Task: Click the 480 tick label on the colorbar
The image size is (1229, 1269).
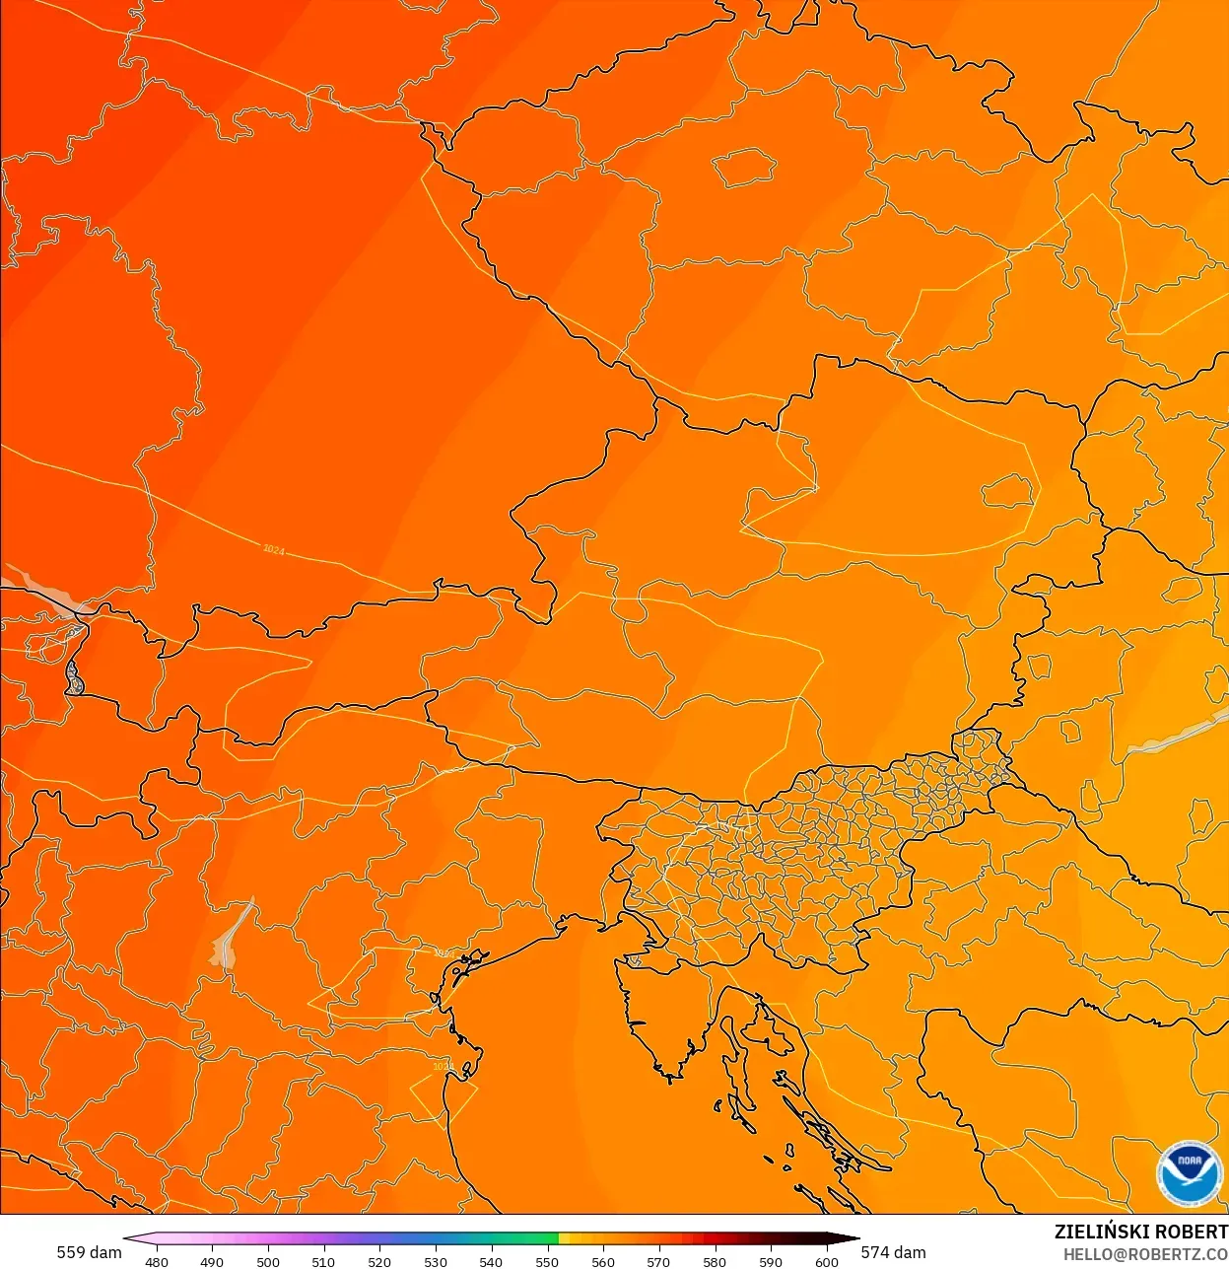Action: click(x=156, y=1261)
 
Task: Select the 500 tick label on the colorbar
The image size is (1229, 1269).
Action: click(x=268, y=1261)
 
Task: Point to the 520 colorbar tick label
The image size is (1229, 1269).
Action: click(x=379, y=1261)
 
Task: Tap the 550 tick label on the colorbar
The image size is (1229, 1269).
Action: click(x=547, y=1261)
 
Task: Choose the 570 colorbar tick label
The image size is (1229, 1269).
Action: click(x=658, y=1261)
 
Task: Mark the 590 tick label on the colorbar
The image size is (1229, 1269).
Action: click(x=771, y=1261)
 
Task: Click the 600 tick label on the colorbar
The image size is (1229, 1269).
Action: click(x=827, y=1261)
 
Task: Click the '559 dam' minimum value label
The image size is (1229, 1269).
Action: click(x=89, y=1252)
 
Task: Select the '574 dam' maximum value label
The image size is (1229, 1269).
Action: click(x=893, y=1252)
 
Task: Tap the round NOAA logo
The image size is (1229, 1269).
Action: click(x=1190, y=1173)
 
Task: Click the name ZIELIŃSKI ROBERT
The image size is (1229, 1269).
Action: click(x=1140, y=1232)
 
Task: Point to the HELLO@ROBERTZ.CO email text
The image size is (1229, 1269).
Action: click(x=1145, y=1255)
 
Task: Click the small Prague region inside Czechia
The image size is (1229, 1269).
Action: click(x=743, y=168)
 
